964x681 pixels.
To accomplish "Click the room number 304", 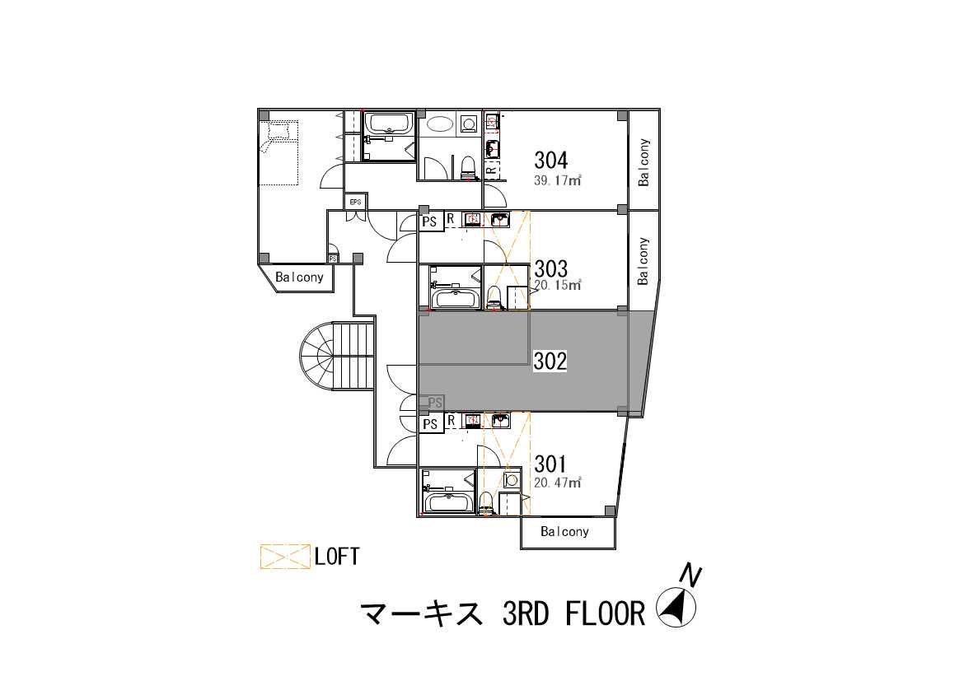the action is coord(550,160).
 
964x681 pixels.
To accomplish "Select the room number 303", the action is coord(550,268).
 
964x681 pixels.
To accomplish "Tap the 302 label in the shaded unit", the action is coord(550,361).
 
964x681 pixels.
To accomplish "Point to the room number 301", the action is coord(550,464).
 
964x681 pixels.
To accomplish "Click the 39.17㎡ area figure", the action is coord(558,180).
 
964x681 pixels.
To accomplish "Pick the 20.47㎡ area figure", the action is coord(558,483).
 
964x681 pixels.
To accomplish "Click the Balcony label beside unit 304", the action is coord(643,162).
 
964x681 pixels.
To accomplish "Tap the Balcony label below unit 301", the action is coord(564,532).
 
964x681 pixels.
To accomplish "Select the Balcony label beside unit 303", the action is coord(643,261).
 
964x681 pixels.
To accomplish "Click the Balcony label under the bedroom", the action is coord(299,278).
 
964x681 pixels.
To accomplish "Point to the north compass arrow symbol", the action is coord(676,607).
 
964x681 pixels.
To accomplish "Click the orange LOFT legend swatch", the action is coord(284,557).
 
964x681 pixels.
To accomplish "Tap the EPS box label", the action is coord(355,202).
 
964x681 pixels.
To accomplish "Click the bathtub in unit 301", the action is coord(449,502).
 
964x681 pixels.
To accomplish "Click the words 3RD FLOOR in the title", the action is coord(573,613).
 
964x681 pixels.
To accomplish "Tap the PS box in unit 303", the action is coord(430,222).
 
